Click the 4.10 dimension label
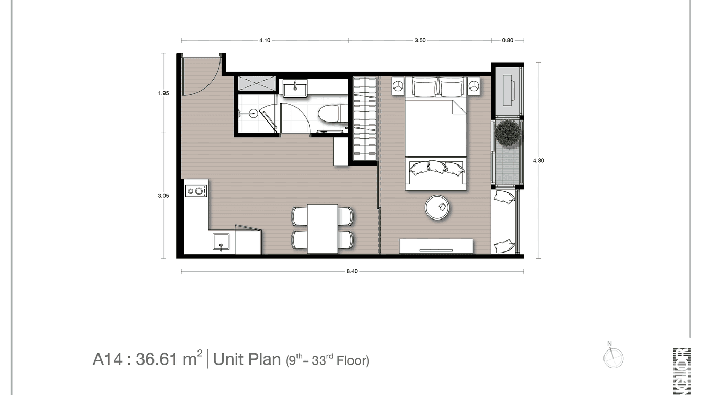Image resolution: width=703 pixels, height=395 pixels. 264,40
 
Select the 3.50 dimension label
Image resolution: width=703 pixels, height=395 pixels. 419,40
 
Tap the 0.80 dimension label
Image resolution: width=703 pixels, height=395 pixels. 508,40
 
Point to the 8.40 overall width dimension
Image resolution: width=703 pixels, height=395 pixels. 352,271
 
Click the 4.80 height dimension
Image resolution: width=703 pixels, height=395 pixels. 539,161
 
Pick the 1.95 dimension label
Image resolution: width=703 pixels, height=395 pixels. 163,94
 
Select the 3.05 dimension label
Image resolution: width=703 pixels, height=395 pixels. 163,196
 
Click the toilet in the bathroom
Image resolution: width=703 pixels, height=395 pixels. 330,116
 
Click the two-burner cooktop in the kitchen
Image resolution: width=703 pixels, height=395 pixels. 196,191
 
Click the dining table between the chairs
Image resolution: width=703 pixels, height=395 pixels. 322,228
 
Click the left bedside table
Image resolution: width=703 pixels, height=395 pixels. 398,85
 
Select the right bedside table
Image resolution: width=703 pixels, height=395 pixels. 474,85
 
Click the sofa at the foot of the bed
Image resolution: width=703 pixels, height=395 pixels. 435,173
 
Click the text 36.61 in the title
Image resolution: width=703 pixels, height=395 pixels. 156,360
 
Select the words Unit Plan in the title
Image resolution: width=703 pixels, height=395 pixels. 247,360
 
